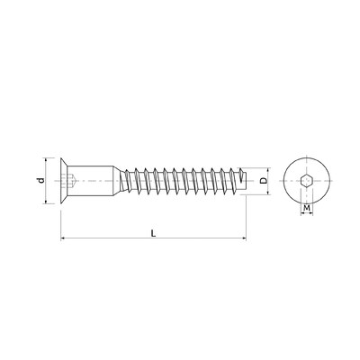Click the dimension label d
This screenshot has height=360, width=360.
tap(39, 181)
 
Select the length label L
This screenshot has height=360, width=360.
tap(153, 232)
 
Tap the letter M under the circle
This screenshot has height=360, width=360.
tap(308, 209)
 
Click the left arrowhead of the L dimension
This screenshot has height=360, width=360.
tap(64, 238)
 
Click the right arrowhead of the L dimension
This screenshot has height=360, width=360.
tap(242, 238)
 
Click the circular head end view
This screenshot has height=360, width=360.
tap(308, 167)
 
